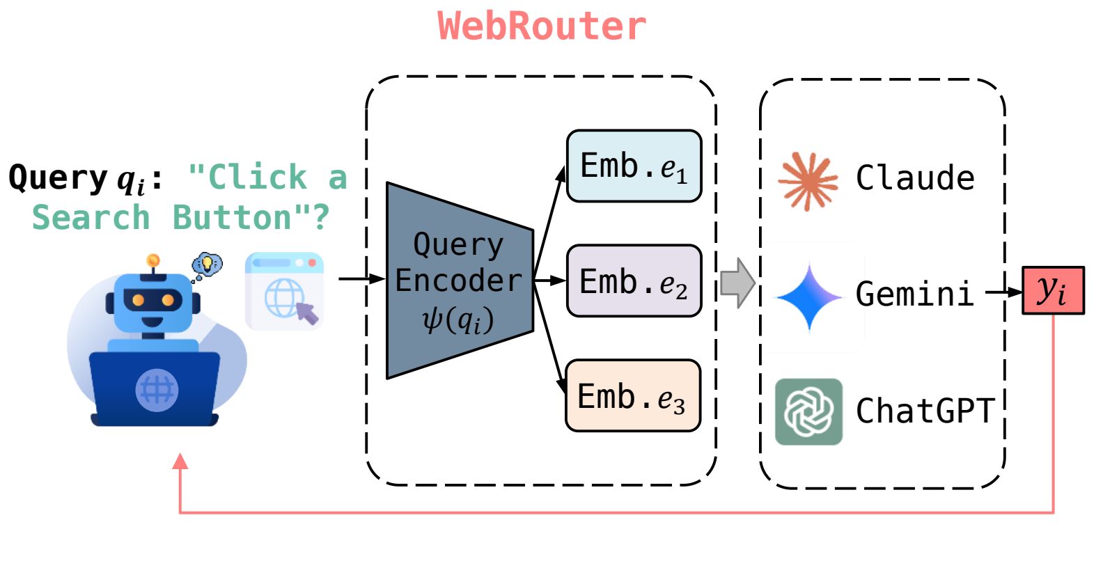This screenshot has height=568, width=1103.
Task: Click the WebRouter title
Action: click(542, 26)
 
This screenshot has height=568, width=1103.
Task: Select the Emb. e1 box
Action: click(634, 166)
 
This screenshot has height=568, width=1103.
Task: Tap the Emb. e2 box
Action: click(634, 281)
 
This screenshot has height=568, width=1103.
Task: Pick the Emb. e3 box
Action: click(632, 396)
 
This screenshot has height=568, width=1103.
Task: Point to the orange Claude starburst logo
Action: click(808, 180)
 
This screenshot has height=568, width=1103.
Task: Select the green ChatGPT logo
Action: click(808, 411)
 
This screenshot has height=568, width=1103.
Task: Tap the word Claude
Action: click(914, 178)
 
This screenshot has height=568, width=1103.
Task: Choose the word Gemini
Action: click(914, 294)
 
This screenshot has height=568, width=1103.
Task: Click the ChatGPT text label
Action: click(924, 411)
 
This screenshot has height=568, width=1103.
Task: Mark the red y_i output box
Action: click(1053, 290)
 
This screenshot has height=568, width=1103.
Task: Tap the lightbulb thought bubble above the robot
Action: click(207, 265)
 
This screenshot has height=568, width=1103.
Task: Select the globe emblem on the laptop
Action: click(157, 390)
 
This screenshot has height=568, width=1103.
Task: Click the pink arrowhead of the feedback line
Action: click(180, 461)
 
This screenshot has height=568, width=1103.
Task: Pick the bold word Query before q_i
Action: click(58, 177)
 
